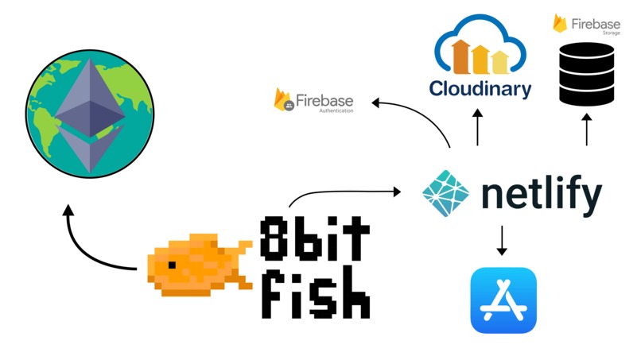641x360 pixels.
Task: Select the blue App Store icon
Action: tap(503, 300)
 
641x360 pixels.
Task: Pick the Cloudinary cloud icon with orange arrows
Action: tap(480, 50)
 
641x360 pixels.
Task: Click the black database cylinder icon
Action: tap(587, 74)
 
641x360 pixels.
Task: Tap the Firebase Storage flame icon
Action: tap(561, 22)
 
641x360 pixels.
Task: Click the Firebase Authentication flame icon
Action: tap(282, 99)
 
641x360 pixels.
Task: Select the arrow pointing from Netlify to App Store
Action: tap(501, 241)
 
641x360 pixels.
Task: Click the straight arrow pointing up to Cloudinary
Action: tap(478, 128)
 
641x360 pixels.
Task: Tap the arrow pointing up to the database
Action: tap(587, 130)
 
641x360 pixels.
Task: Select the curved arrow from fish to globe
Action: tap(87, 246)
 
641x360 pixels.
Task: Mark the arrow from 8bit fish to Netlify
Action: tap(342, 191)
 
